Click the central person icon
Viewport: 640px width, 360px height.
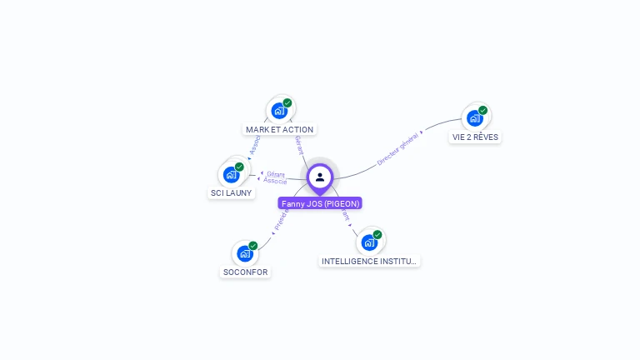point(320,177)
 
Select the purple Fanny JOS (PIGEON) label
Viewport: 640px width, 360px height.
point(320,203)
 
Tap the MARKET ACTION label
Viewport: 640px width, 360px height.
point(280,129)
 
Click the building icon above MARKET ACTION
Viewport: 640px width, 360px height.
point(279,110)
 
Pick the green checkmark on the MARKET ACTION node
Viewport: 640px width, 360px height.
point(287,102)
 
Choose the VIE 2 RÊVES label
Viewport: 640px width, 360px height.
point(475,137)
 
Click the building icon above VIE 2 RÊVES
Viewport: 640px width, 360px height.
point(475,117)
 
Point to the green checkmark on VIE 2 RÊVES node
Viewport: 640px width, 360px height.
point(483,110)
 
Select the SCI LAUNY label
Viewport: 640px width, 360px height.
point(230,192)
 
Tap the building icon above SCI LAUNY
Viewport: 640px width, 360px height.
point(231,174)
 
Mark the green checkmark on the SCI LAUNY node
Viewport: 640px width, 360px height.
point(239,167)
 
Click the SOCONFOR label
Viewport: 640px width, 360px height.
point(246,272)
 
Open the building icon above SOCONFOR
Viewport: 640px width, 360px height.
point(245,253)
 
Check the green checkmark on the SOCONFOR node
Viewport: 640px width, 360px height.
point(253,246)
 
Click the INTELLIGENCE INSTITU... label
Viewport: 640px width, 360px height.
point(369,261)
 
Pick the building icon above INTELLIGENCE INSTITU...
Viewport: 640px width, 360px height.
point(369,242)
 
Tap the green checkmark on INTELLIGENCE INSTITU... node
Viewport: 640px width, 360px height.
point(377,234)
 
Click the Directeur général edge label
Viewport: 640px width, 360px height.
point(397,148)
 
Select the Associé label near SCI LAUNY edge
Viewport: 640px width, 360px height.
point(275,181)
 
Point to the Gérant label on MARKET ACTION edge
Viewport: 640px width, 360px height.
point(298,147)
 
